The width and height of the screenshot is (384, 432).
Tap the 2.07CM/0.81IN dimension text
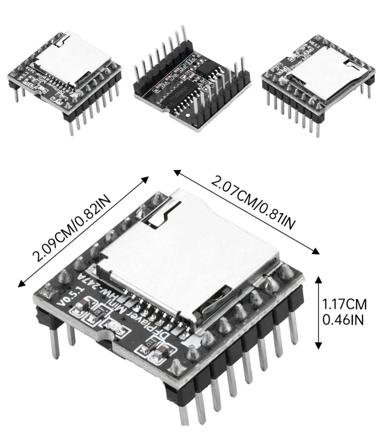point(252,203)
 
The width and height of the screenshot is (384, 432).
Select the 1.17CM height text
point(344,304)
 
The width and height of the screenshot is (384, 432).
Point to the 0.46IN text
point(343,320)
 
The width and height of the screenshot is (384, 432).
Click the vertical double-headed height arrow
point(318,313)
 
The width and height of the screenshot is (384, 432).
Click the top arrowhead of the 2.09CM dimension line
point(146,180)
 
